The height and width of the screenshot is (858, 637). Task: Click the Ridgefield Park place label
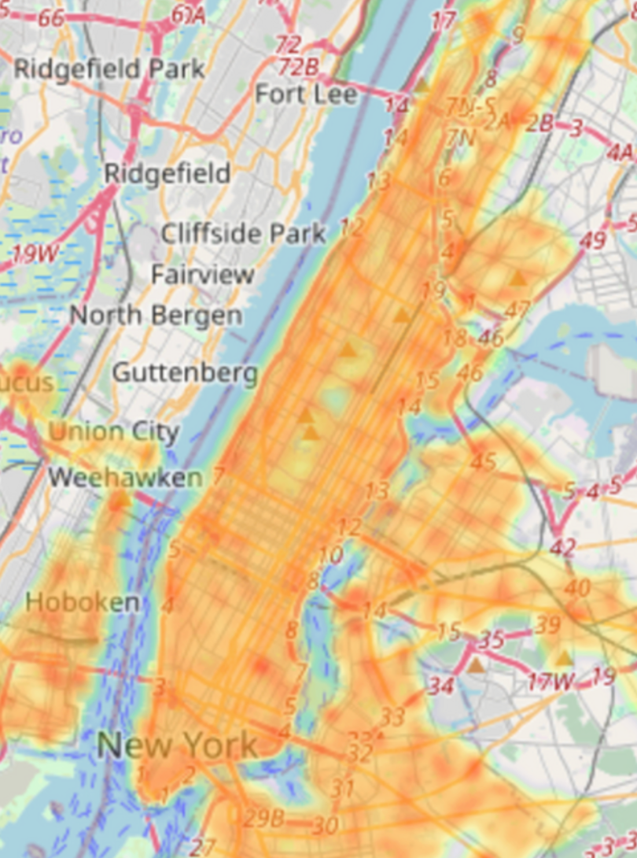[x=109, y=68]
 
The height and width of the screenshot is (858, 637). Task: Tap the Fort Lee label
[x=306, y=94]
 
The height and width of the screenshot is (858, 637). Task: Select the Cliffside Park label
[x=243, y=233]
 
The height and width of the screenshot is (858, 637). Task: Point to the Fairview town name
[x=203, y=275]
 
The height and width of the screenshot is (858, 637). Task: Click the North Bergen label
[x=156, y=316]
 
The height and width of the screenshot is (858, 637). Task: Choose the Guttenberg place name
[x=185, y=372]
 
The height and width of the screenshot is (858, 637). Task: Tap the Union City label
[x=114, y=431]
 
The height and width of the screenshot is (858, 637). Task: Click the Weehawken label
[x=125, y=477]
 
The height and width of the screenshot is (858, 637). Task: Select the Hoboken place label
[x=83, y=602]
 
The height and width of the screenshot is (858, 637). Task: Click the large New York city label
[x=177, y=745]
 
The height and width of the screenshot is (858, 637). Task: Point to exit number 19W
[x=35, y=254]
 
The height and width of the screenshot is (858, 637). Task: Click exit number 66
[x=51, y=18]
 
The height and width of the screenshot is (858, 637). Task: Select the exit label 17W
[x=550, y=681]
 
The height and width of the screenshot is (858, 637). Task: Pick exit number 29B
[x=263, y=819]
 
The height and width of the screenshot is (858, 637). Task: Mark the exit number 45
[x=483, y=462]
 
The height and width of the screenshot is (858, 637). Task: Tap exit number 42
[x=563, y=547]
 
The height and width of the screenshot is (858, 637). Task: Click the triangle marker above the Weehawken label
[x=120, y=499]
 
